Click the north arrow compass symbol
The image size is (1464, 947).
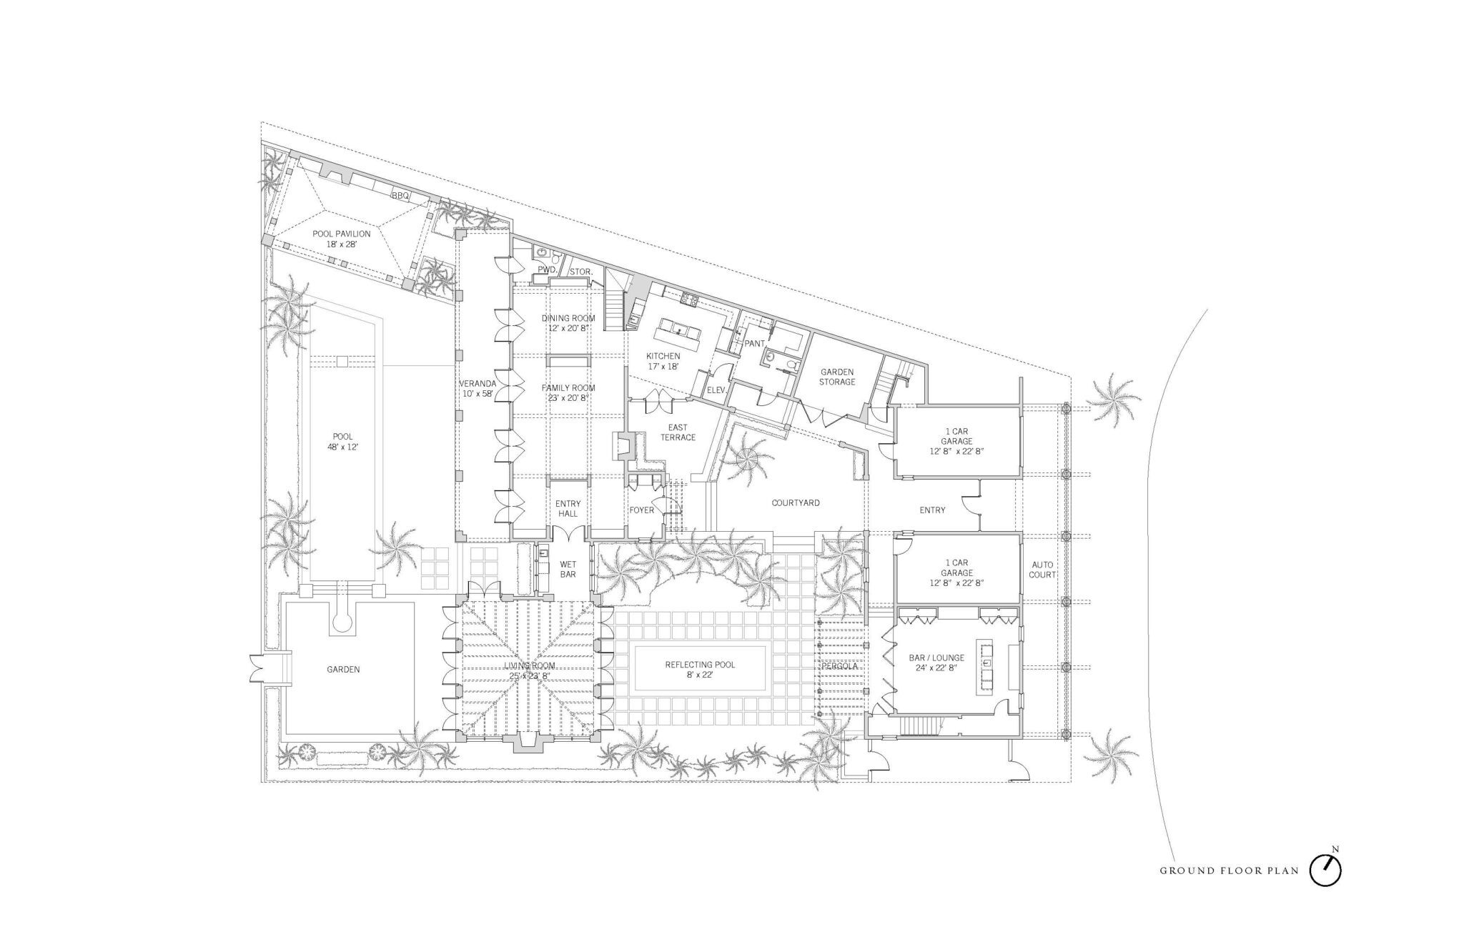pos(1325,869)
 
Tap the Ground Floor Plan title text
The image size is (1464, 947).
pos(1229,871)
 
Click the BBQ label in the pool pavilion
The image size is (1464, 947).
pos(399,195)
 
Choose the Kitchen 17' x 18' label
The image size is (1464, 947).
pos(663,361)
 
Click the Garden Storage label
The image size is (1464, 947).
pos(837,377)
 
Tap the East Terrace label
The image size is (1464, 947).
pos(678,432)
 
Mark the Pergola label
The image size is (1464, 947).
pos(839,666)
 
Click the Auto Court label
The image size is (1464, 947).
pos(1042,570)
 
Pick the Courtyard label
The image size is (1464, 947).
pos(796,502)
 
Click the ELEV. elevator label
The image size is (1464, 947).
pos(716,390)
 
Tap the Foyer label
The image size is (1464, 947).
pos(641,510)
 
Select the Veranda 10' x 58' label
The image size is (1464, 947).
pos(478,388)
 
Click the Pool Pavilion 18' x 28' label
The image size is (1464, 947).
pos(341,239)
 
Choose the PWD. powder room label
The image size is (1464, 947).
pos(547,269)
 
